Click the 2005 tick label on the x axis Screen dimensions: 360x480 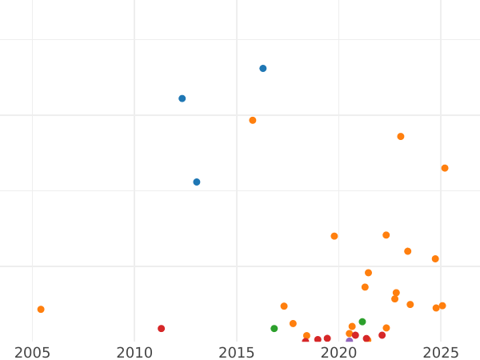[x=33, y=353]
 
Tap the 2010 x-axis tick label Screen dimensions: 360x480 [x=134, y=353]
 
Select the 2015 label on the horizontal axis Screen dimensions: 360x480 [x=237, y=353]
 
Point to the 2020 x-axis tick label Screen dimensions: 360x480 [x=338, y=353]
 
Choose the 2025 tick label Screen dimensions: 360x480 [x=441, y=353]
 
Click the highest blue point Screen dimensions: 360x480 [x=262, y=69]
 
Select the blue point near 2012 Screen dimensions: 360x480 [x=182, y=98]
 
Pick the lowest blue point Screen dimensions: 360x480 [x=196, y=182]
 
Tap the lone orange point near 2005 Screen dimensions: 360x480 [x=41, y=310]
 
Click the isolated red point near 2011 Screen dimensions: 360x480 [x=161, y=329]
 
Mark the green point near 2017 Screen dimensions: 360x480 [x=274, y=329]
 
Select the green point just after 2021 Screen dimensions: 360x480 [x=362, y=322]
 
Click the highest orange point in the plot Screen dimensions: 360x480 [x=252, y=121]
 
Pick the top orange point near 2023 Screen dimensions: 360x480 [x=400, y=137]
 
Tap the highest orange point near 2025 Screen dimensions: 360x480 [x=444, y=168]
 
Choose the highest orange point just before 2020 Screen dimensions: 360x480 [x=334, y=236]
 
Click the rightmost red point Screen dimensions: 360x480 [x=382, y=336]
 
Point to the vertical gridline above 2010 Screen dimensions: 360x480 [x=134, y=160]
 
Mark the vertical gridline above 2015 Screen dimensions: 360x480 [x=237, y=200]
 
